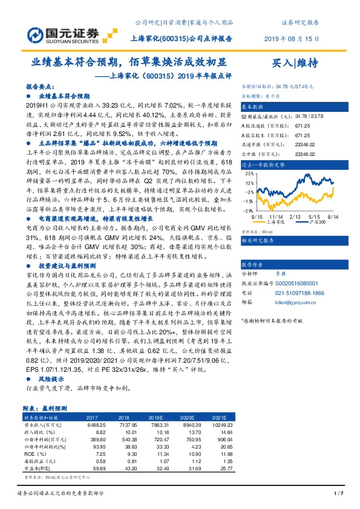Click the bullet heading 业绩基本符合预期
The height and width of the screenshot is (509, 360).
click(x=64, y=96)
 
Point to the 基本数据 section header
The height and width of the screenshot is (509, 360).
click(x=254, y=105)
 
